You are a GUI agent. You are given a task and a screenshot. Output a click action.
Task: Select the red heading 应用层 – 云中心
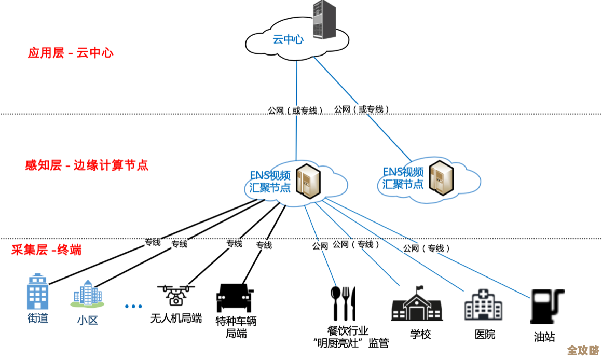point(71,53)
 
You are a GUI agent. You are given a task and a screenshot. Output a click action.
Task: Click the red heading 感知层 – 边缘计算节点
point(87,165)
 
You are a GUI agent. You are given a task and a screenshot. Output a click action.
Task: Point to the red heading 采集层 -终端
point(46,250)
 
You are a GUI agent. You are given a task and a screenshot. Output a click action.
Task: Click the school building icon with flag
point(416,304)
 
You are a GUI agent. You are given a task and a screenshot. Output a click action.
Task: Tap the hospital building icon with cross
point(483,304)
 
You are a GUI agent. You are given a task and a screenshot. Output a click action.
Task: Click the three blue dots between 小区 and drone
point(133,306)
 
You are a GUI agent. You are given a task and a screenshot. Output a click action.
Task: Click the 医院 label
point(485,334)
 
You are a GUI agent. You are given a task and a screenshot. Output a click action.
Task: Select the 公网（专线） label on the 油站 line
point(426,248)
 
